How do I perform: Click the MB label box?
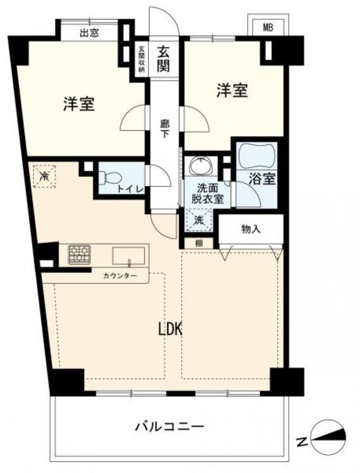click(x=268, y=27)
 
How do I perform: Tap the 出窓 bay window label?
click(x=89, y=33)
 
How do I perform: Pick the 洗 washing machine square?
click(x=198, y=221)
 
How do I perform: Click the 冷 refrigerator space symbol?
click(x=45, y=175)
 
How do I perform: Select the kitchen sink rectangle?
click(x=128, y=255)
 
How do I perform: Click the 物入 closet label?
click(x=250, y=229)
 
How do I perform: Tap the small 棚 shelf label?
click(x=198, y=243)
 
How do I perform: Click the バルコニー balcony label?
click(x=169, y=427)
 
